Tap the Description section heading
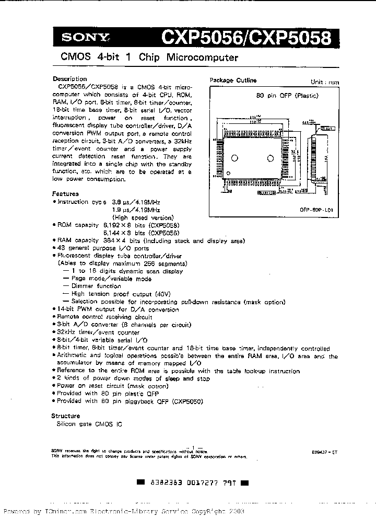click(69, 79)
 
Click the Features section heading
click(66, 193)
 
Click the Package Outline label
click(233, 80)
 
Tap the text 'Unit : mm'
click(325, 83)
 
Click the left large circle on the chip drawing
click(236, 158)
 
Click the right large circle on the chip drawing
click(270, 158)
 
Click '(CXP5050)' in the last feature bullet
click(186, 401)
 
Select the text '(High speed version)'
click(143, 217)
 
